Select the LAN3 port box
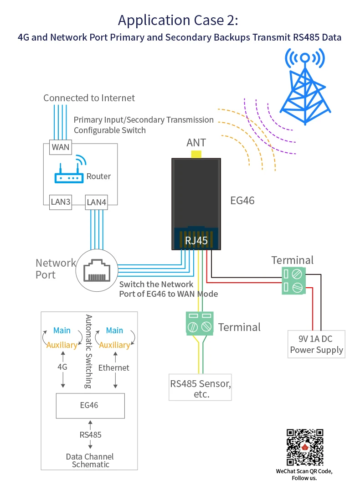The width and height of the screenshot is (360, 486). click(x=61, y=202)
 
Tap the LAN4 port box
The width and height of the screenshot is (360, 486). click(x=97, y=202)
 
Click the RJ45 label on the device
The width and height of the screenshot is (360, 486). click(x=196, y=240)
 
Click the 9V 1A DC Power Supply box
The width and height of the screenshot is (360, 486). click(x=316, y=344)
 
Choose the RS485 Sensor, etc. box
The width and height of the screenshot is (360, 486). click(x=201, y=388)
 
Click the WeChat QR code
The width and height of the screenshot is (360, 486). click(x=305, y=447)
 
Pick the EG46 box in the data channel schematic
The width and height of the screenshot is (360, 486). click(x=90, y=405)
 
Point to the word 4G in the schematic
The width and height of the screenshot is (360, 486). click(x=62, y=367)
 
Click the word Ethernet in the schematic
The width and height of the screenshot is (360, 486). click(x=114, y=367)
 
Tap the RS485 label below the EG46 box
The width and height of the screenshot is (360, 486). click(x=90, y=434)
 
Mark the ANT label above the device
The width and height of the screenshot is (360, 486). click(x=196, y=143)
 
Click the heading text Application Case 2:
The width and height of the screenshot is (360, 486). click(x=178, y=21)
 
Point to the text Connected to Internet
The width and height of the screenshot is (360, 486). click(x=89, y=98)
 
